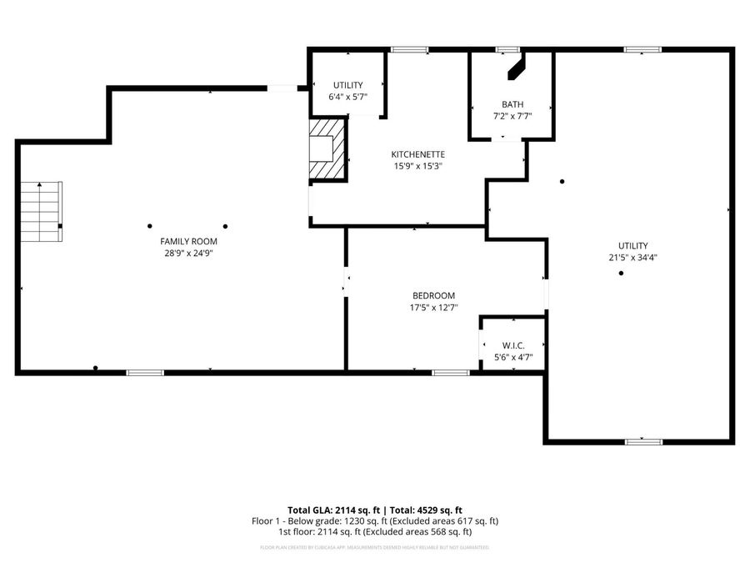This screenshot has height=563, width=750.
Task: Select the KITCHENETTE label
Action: [417, 154]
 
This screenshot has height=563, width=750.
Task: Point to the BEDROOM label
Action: [434, 295]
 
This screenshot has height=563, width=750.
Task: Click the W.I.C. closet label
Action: [513, 345]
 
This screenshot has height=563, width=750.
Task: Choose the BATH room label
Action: [512, 104]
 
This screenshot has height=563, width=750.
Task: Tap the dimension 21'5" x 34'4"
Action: [632, 258]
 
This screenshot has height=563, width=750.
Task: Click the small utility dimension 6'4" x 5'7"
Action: [348, 97]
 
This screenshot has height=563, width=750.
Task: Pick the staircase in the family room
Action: [42, 211]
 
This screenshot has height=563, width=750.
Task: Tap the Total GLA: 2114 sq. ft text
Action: [332, 510]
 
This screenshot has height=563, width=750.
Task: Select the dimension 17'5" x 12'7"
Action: [434, 308]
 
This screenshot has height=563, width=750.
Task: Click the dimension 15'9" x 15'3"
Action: [417, 166]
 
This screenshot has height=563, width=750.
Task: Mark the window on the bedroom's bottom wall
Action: [450, 372]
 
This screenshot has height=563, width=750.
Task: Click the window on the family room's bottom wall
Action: [144, 372]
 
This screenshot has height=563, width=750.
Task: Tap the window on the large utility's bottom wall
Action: [642, 441]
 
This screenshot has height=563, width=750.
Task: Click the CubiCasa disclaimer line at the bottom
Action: [375, 547]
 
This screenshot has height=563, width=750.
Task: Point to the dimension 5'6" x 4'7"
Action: [513, 357]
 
